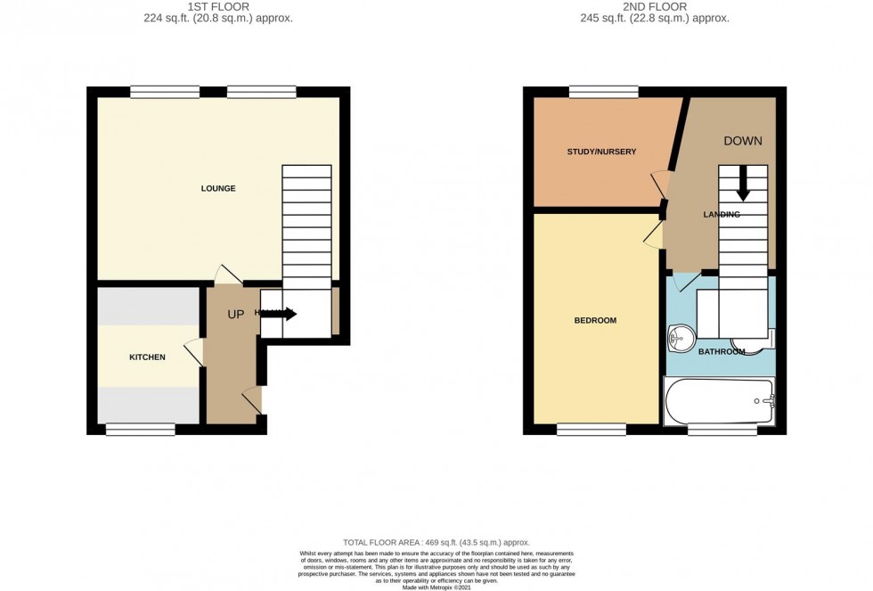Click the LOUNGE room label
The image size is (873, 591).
point(218,188)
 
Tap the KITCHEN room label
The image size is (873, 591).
point(148,357)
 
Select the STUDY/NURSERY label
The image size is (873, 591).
point(601,152)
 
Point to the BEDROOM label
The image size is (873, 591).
point(595,320)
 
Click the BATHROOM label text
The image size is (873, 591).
point(721,352)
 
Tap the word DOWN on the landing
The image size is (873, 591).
point(742,141)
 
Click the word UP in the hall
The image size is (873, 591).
point(236,315)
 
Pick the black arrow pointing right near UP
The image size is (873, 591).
point(284,314)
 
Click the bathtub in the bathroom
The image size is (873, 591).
point(719,401)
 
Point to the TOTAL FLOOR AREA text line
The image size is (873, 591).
point(436,542)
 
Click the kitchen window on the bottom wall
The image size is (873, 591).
point(141,430)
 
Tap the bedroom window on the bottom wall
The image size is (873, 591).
point(592,430)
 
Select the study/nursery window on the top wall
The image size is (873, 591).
point(603,91)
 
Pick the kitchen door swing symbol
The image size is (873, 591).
point(192,353)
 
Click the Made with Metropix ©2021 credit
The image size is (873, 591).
point(436,586)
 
